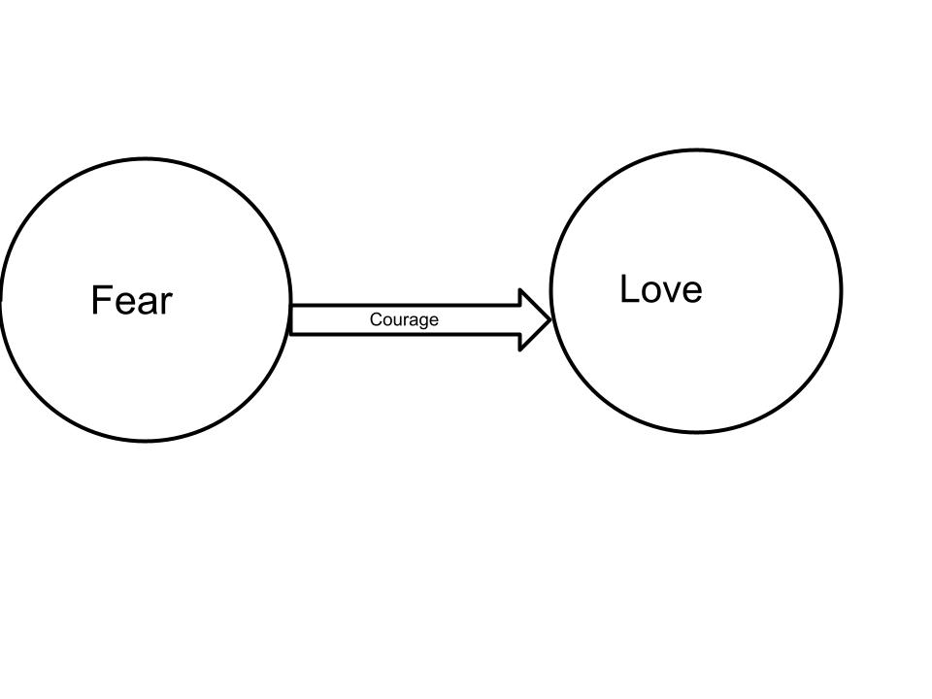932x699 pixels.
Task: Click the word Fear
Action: (131, 301)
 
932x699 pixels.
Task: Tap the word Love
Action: (660, 289)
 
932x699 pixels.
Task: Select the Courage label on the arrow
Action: (404, 319)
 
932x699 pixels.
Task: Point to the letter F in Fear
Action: (101, 301)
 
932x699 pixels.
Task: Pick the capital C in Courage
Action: (376, 319)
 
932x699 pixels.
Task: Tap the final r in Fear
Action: (166, 305)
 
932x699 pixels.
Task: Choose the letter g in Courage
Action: (422, 321)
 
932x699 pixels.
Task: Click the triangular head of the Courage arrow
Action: (534, 319)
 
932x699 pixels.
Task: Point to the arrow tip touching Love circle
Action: (550, 319)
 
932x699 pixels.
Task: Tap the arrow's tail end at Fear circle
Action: (292, 319)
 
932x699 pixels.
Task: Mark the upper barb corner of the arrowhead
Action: (521, 290)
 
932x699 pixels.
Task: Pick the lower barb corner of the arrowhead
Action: (521, 349)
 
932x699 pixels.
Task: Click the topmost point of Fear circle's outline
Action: (146, 159)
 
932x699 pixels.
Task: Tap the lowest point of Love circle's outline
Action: (696, 432)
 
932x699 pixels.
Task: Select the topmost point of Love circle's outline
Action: (696, 150)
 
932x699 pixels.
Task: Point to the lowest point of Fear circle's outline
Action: (146, 441)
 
